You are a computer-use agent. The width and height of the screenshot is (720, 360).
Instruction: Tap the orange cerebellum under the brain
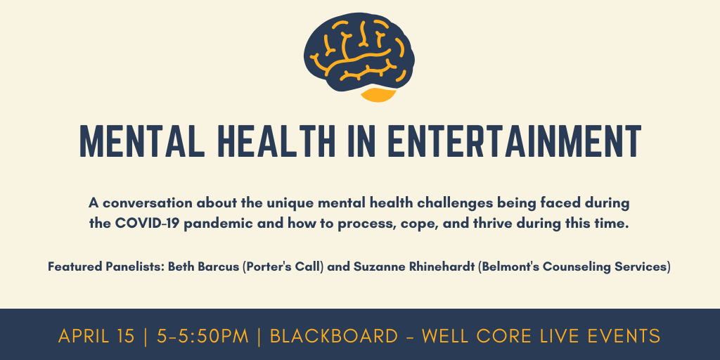click(378, 94)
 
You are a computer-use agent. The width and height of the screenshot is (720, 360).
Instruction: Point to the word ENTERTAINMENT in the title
click(514, 141)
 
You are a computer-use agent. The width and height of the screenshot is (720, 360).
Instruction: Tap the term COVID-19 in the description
click(146, 224)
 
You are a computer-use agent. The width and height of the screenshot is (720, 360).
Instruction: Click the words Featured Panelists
click(106, 266)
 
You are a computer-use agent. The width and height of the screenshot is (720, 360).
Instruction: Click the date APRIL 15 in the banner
click(96, 336)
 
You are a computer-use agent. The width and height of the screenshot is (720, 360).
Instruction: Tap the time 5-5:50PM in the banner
click(202, 336)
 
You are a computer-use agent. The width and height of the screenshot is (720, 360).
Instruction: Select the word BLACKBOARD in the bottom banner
click(334, 336)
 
